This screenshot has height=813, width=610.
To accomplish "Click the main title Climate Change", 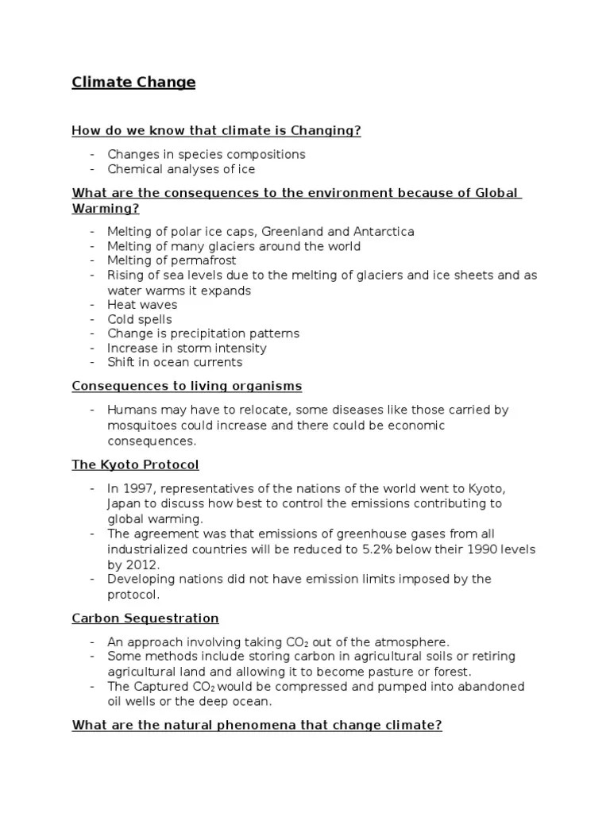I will coord(133,83).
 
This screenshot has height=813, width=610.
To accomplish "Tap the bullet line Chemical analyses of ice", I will coord(181,168).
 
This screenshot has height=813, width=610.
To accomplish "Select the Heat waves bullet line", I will coord(142,304).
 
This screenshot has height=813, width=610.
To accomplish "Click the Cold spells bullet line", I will coord(140,319).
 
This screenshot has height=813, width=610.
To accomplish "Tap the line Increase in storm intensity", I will coord(187,348).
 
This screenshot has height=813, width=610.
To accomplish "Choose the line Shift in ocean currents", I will coord(175,362).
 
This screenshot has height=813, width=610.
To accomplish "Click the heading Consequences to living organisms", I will coord(187,386).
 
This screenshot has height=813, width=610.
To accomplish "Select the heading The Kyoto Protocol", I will coord(135,464).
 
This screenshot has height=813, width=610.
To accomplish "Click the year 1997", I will coord(139,488).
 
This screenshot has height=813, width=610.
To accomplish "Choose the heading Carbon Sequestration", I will coord(145,618).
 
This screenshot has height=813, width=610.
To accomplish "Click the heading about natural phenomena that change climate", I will coord(257,724).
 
